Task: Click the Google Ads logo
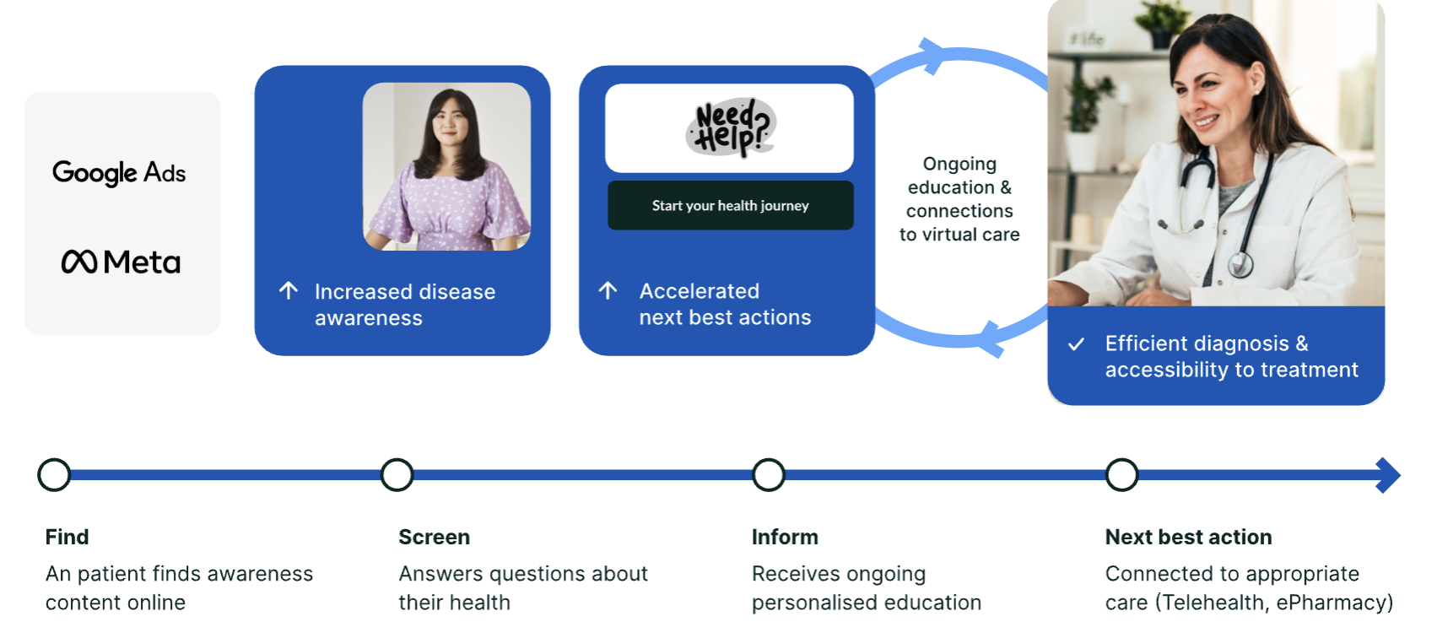coord(119,173)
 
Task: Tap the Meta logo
coord(121,262)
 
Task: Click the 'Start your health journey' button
coord(730,205)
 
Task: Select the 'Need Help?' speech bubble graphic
coord(730,128)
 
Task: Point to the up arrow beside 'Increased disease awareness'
coord(289,291)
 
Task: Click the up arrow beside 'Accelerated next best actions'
coord(608,291)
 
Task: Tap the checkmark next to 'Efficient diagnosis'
coord(1076,344)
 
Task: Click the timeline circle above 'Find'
coord(54,475)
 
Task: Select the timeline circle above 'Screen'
coord(397,475)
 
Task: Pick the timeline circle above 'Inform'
coord(769,475)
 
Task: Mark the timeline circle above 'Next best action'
coord(1121,475)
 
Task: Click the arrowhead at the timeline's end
coord(1388,475)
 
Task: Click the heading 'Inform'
coord(785,537)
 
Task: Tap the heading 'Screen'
coord(434,537)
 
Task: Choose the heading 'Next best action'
coord(1188,537)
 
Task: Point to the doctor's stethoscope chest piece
coord(1240,265)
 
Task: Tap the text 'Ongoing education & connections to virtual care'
coord(959,199)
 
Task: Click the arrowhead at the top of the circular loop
coord(933,55)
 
